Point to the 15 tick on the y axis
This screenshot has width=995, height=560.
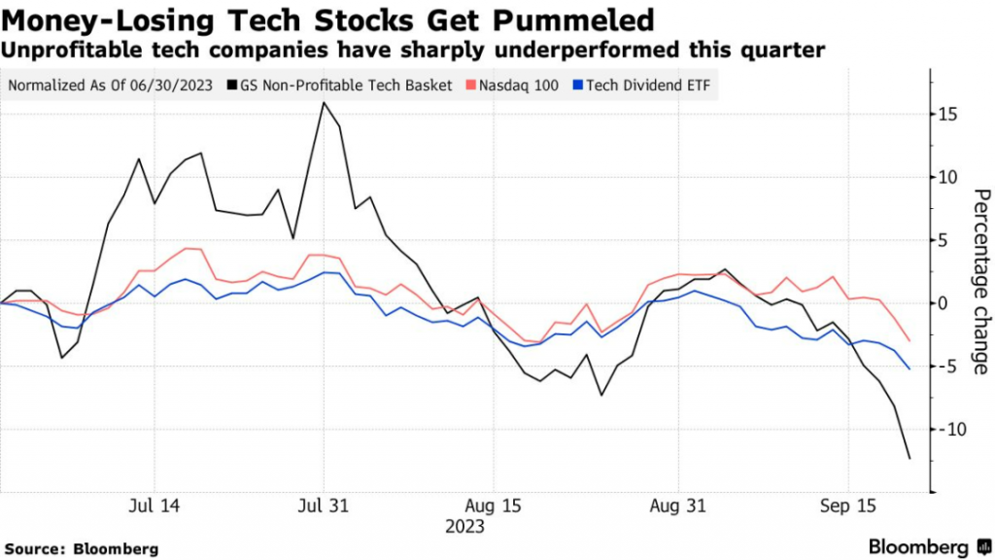(x=948, y=115)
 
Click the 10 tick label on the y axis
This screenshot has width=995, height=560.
(x=948, y=177)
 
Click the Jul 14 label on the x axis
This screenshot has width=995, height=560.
(x=154, y=507)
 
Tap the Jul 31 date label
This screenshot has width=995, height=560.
(x=323, y=507)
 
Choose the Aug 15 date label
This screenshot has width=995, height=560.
(x=493, y=507)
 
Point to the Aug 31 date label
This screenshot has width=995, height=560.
(x=677, y=507)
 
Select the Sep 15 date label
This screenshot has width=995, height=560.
(x=848, y=507)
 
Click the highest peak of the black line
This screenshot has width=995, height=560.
(x=323, y=103)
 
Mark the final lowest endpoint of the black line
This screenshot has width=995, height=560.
(x=909, y=458)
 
